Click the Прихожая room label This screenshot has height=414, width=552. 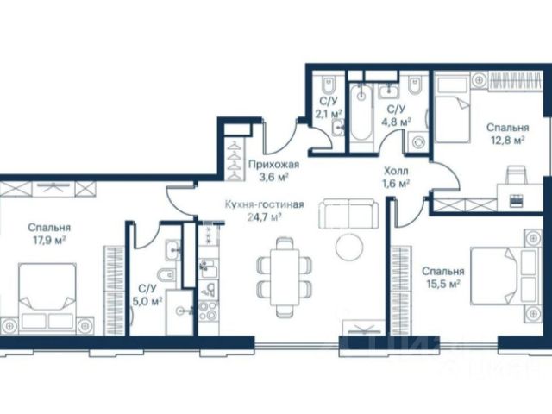click(274, 164)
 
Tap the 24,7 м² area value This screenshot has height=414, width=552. click(265, 216)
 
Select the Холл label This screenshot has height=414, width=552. click(396, 171)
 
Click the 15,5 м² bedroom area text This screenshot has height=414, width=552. click(443, 284)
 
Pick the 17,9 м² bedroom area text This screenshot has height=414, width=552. click(50, 241)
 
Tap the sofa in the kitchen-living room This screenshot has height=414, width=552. click(348, 214)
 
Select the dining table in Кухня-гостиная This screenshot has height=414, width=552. click(285, 278)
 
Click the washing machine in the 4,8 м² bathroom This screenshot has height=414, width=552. click(417, 142)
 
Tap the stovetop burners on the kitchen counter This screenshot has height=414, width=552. click(208, 310)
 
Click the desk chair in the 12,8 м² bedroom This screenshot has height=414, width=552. click(517, 175)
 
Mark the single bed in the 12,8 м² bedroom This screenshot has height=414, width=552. click(453, 110)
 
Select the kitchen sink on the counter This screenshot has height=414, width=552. click(208, 268)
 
